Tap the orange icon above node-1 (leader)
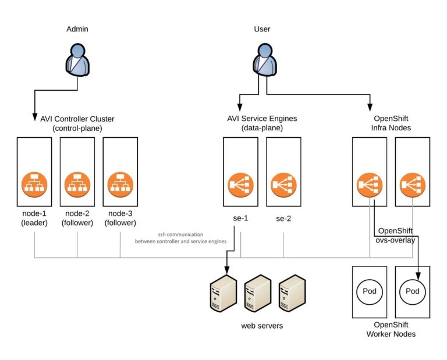pyautogui.click(x=34, y=185)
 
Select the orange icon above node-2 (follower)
pyautogui.click(x=77, y=185)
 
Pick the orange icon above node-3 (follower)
pyautogui.click(x=120, y=185)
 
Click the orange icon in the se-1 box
pyautogui.click(x=240, y=185)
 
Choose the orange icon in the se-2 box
pyautogui.click(x=283, y=185)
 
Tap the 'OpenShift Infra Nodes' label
pyautogui.click(x=391, y=123)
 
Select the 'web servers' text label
pyautogui.click(x=262, y=326)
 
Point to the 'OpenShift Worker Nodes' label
pyautogui.click(x=391, y=329)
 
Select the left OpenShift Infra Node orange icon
pyautogui.click(x=370, y=185)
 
